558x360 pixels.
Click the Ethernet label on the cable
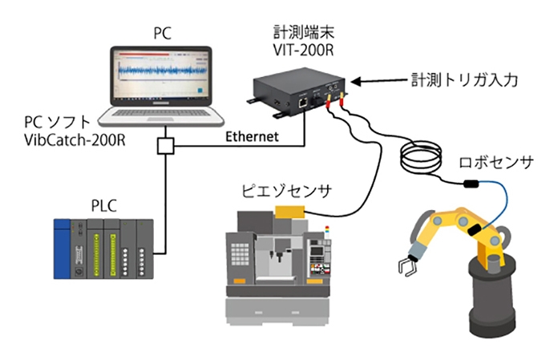(x=252, y=136)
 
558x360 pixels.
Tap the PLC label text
(x=104, y=206)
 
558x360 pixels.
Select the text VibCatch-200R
(x=75, y=140)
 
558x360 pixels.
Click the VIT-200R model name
(x=303, y=51)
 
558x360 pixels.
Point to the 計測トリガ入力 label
(x=464, y=80)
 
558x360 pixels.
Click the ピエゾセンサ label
(x=286, y=191)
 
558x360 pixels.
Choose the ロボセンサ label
(x=496, y=162)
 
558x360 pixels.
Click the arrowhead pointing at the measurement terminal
(x=356, y=82)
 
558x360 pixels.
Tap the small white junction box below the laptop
(x=165, y=146)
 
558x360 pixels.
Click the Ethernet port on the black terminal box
(x=302, y=103)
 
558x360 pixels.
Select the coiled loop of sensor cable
(x=421, y=156)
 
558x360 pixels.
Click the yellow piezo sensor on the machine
(x=289, y=212)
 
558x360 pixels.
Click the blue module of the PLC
(x=62, y=249)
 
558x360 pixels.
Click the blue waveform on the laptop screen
(x=162, y=70)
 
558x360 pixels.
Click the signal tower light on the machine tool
(x=327, y=231)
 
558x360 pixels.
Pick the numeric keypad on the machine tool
(x=241, y=254)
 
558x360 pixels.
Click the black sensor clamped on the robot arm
(x=475, y=230)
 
